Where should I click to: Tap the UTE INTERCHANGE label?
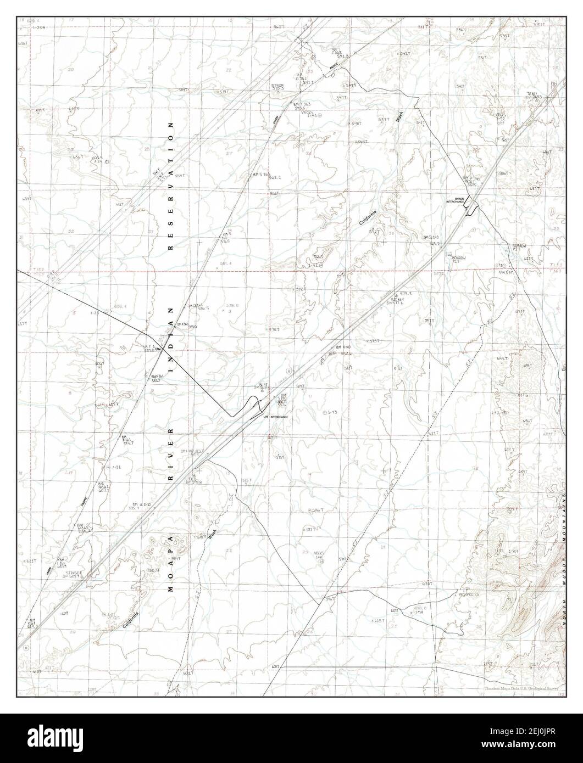tap(275, 417)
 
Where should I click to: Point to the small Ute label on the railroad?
tap(159, 349)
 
